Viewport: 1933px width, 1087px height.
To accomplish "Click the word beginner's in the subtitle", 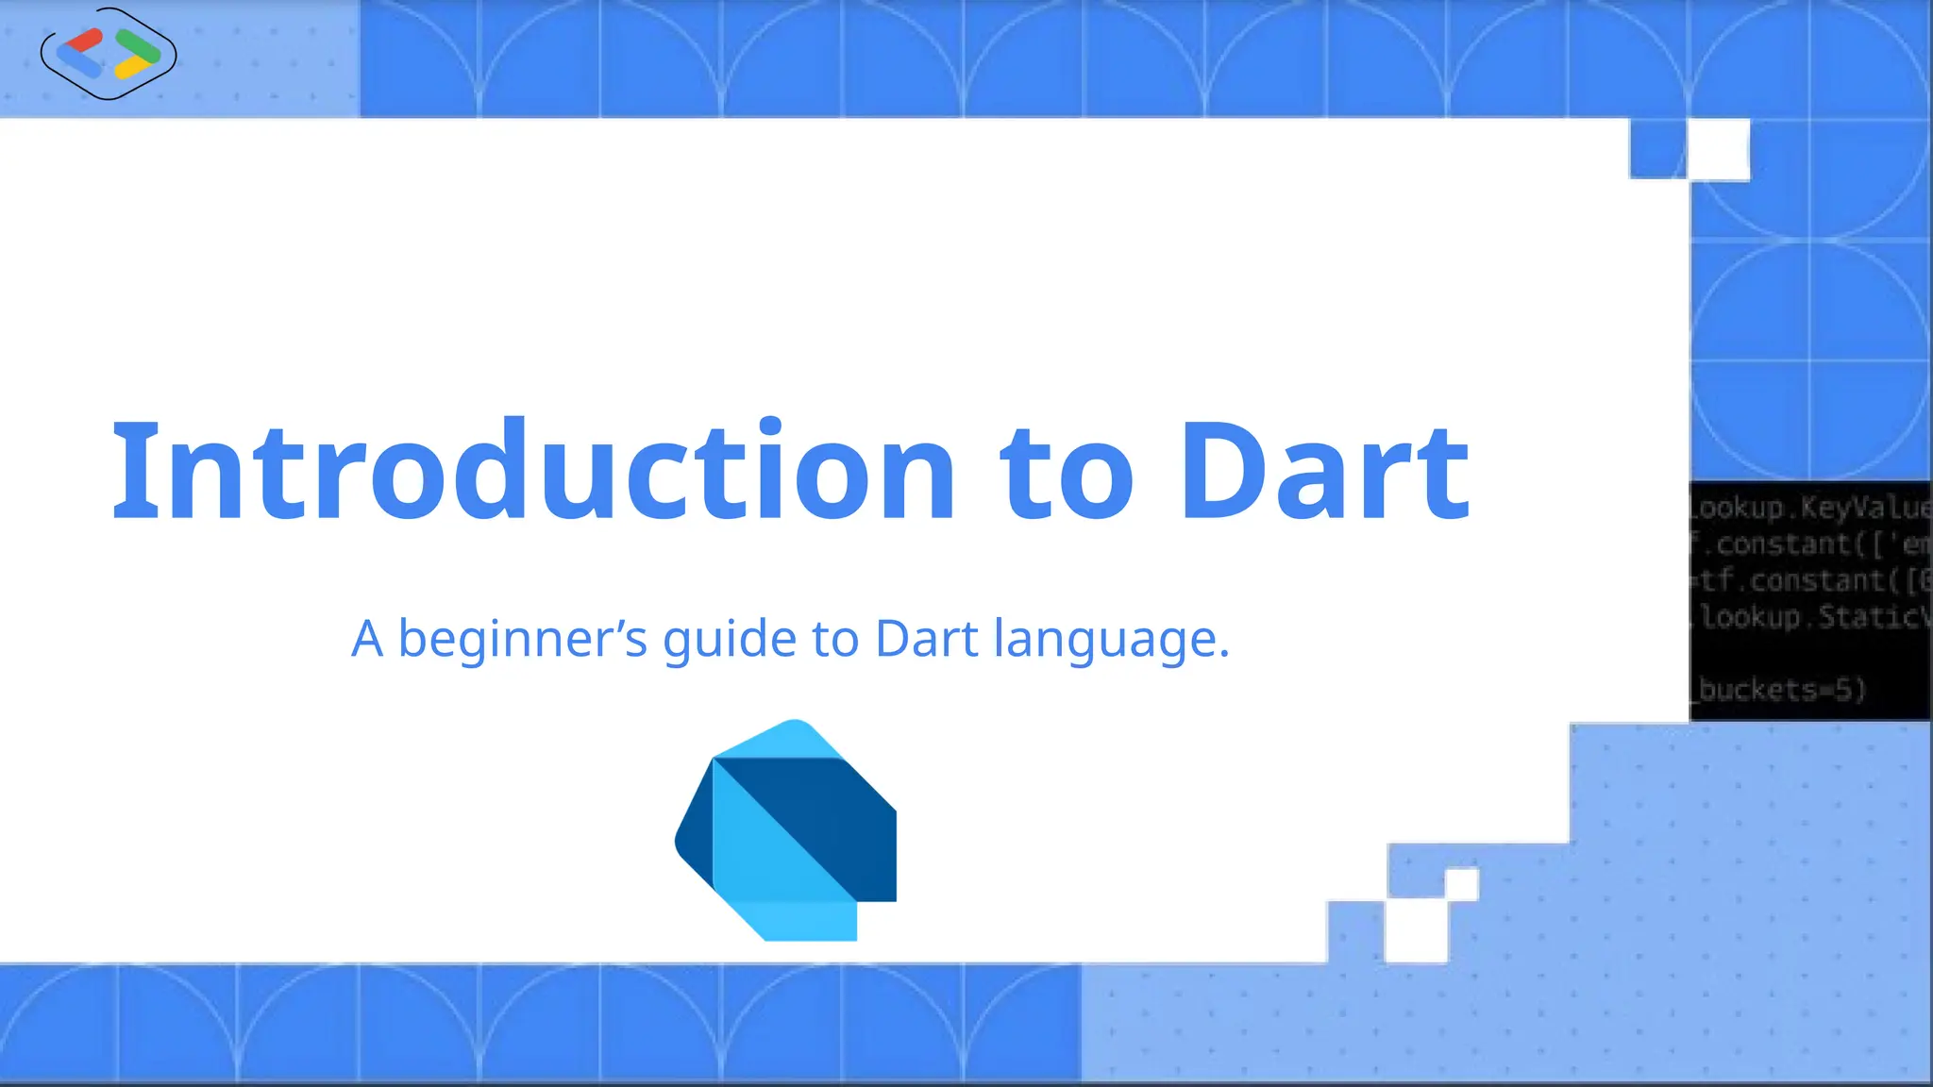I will pos(522,640).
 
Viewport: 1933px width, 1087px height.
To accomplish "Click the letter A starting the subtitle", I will pos(367,639).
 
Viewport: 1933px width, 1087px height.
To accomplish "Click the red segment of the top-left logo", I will pos(85,40).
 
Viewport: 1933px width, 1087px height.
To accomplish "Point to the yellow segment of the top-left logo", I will pos(132,69).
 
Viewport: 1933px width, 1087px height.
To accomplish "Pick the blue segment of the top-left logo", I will pos(78,64).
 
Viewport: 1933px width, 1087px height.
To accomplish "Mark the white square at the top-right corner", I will pos(1719,149).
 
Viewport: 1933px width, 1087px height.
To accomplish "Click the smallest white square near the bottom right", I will pos(1461,885).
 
